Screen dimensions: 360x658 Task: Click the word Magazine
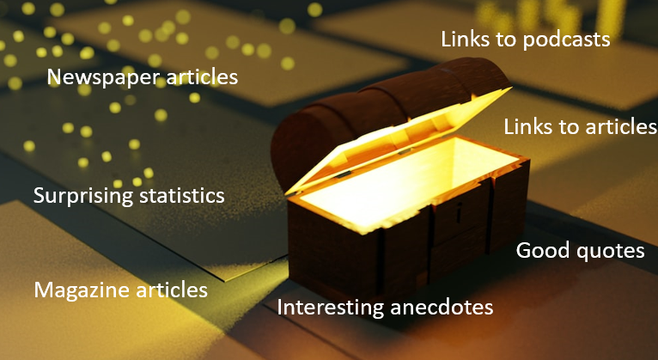point(82,290)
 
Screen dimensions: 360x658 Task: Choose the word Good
point(539,251)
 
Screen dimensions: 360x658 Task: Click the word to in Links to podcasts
point(509,40)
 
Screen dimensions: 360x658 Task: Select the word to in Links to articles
point(570,127)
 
